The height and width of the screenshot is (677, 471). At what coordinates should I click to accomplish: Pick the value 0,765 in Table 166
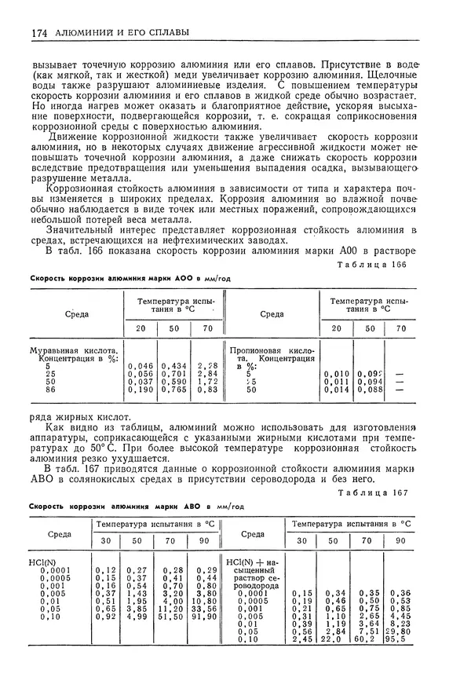(174, 388)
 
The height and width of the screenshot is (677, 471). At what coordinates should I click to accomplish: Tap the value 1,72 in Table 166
(207, 381)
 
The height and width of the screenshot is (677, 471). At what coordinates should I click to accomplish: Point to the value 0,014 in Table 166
(336, 388)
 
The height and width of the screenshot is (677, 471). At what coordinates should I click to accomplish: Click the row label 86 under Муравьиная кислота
(49, 388)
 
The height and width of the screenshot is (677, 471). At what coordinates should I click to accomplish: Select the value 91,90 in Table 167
(206, 617)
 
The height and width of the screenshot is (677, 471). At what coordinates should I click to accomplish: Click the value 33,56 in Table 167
(206, 609)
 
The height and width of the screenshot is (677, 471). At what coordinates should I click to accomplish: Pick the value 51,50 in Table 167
(173, 617)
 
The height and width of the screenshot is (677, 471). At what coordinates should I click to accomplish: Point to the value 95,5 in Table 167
(400, 639)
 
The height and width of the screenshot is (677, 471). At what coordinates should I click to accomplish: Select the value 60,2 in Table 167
(365, 639)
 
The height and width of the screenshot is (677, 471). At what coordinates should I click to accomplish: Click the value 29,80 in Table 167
(400, 631)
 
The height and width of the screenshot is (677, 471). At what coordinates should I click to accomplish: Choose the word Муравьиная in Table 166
(55, 352)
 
